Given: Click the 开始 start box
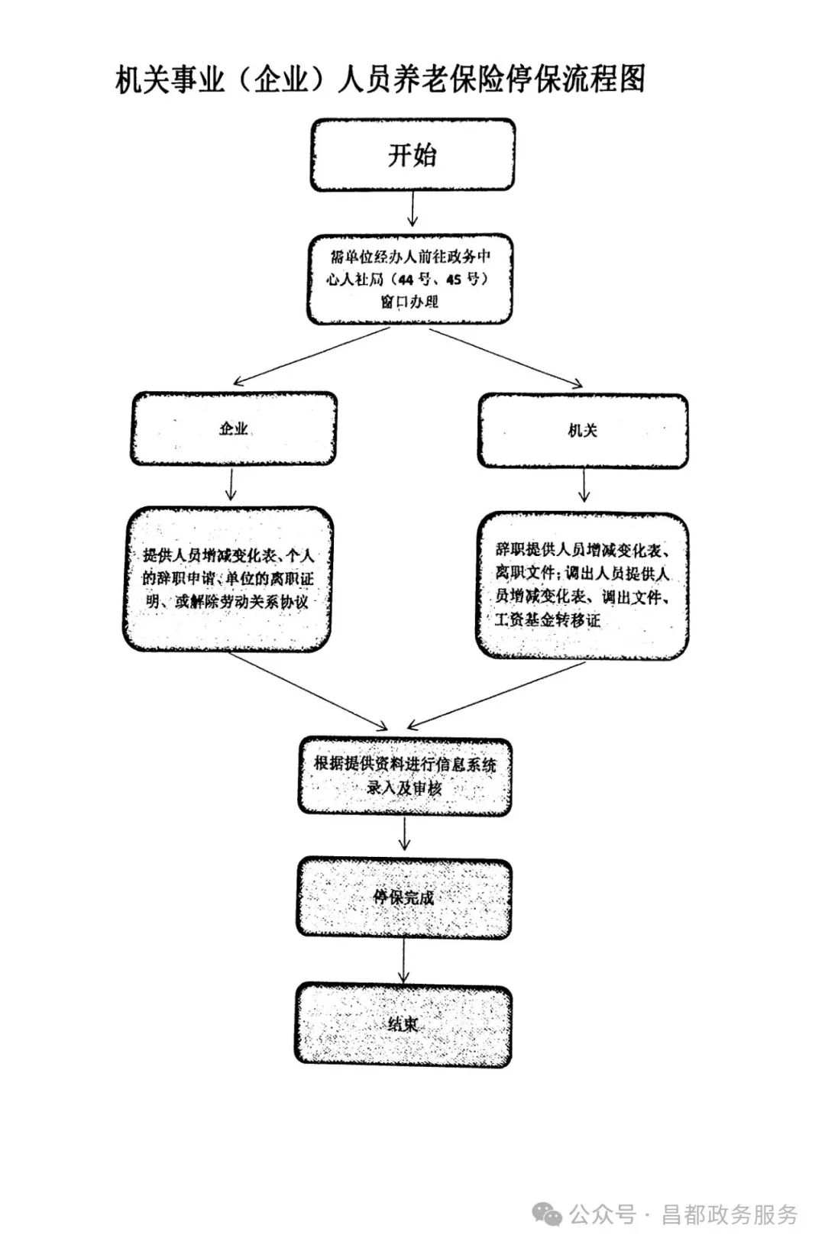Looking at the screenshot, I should pos(412,155).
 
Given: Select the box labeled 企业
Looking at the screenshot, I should pos(233,428).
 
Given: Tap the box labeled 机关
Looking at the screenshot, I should pos(583,431).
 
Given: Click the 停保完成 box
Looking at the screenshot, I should pos(404,897).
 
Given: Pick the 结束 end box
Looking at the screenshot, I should pos(403,1024).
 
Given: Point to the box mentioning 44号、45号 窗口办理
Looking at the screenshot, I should pos(410,279).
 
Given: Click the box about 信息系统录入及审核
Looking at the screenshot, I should pos(404,776).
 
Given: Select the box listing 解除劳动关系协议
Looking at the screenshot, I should pos(228,579).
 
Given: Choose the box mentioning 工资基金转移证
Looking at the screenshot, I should pos(582,585).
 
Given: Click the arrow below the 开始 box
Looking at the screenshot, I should pos(412,209).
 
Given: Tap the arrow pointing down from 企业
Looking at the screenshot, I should pos(231,484).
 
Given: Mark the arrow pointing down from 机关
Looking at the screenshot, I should pos(584,485).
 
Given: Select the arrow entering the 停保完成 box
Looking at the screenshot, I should pos(405,834).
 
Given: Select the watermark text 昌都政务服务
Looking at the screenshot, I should pos(729,1214).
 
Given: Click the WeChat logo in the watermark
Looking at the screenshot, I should pos(548,1214).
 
